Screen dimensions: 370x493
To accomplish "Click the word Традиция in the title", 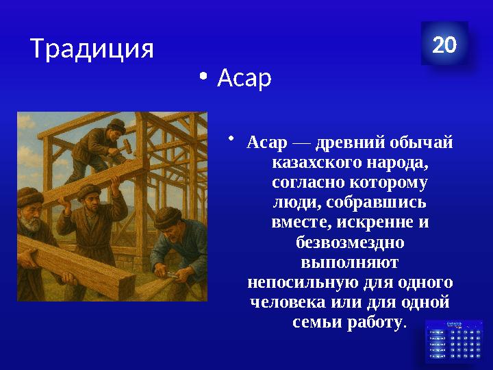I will click(x=92, y=49).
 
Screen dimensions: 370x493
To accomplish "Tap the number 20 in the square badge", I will click(x=444, y=45).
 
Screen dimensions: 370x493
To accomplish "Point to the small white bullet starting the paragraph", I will click(x=232, y=140).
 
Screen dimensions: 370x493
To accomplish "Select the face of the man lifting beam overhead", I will click(x=90, y=203).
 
